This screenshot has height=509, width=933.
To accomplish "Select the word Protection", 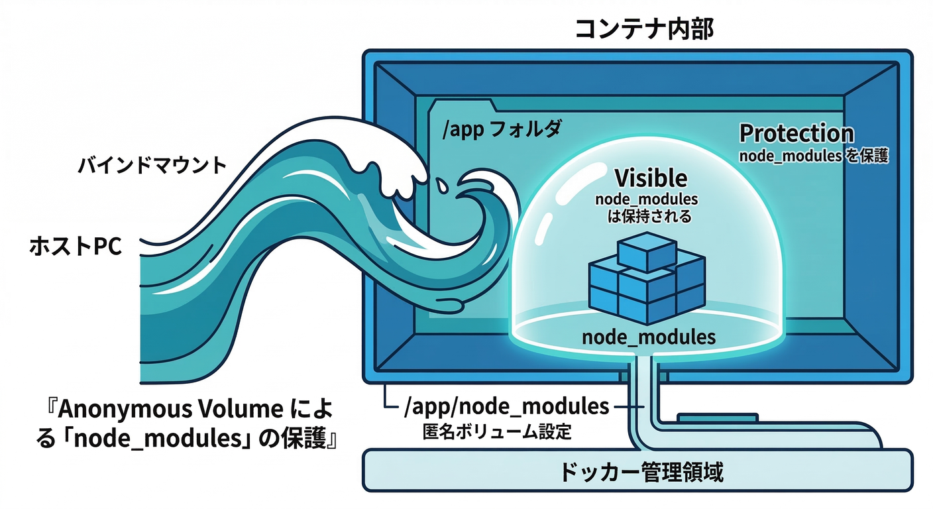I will [796, 133].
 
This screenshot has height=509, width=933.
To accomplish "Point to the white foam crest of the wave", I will [398, 159].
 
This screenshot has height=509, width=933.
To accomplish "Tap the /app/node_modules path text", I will [506, 406].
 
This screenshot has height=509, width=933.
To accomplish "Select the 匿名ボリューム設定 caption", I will [496, 432].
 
